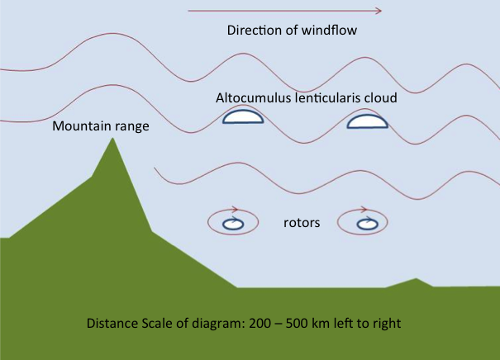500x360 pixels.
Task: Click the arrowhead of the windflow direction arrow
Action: coord(379,12)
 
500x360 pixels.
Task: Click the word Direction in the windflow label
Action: coord(252,31)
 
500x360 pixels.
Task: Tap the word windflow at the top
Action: coord(331,31)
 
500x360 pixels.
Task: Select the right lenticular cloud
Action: coord(366,122)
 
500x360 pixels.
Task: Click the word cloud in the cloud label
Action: coord(381,97)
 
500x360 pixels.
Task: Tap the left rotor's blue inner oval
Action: coord(235,223)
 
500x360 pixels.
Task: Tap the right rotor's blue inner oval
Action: coord(366,223)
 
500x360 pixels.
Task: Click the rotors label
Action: coord(301,223)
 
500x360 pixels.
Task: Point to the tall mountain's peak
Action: coord(112,140)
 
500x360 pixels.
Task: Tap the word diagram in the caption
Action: coord(224,323)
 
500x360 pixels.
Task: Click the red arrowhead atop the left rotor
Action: coord(236,210)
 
